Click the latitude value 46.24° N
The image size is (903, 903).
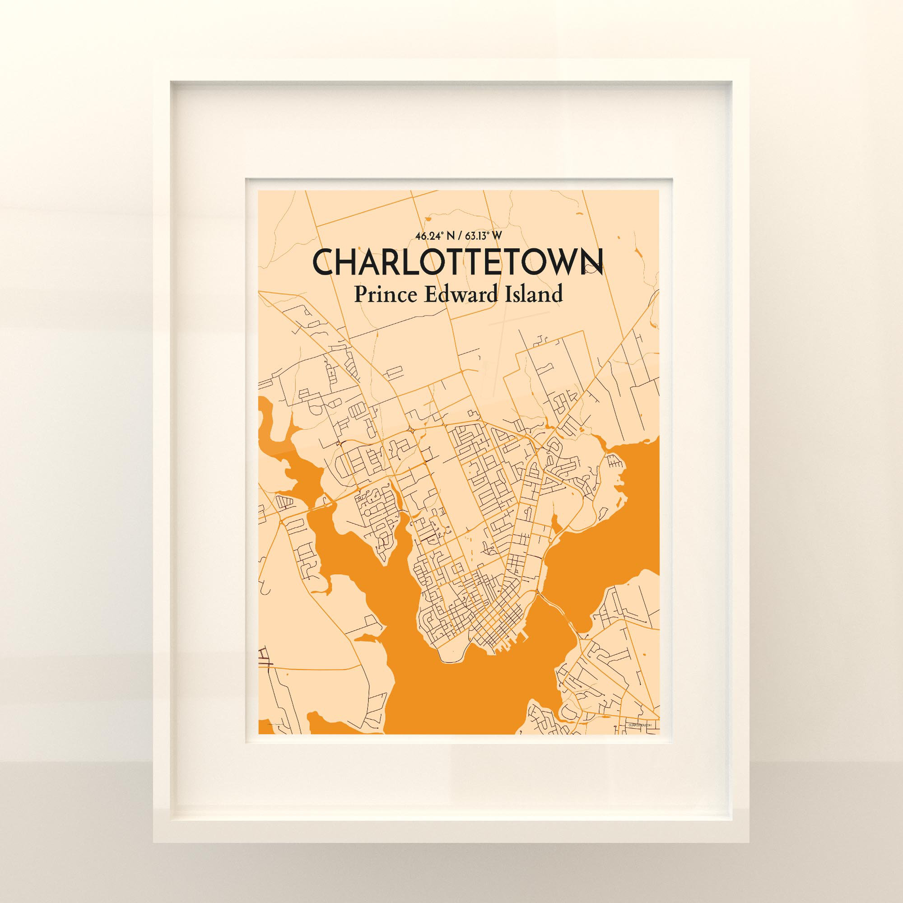click(434, 236)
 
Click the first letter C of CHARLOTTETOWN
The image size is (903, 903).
click(323, 263)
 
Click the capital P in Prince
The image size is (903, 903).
click(359, 294)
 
